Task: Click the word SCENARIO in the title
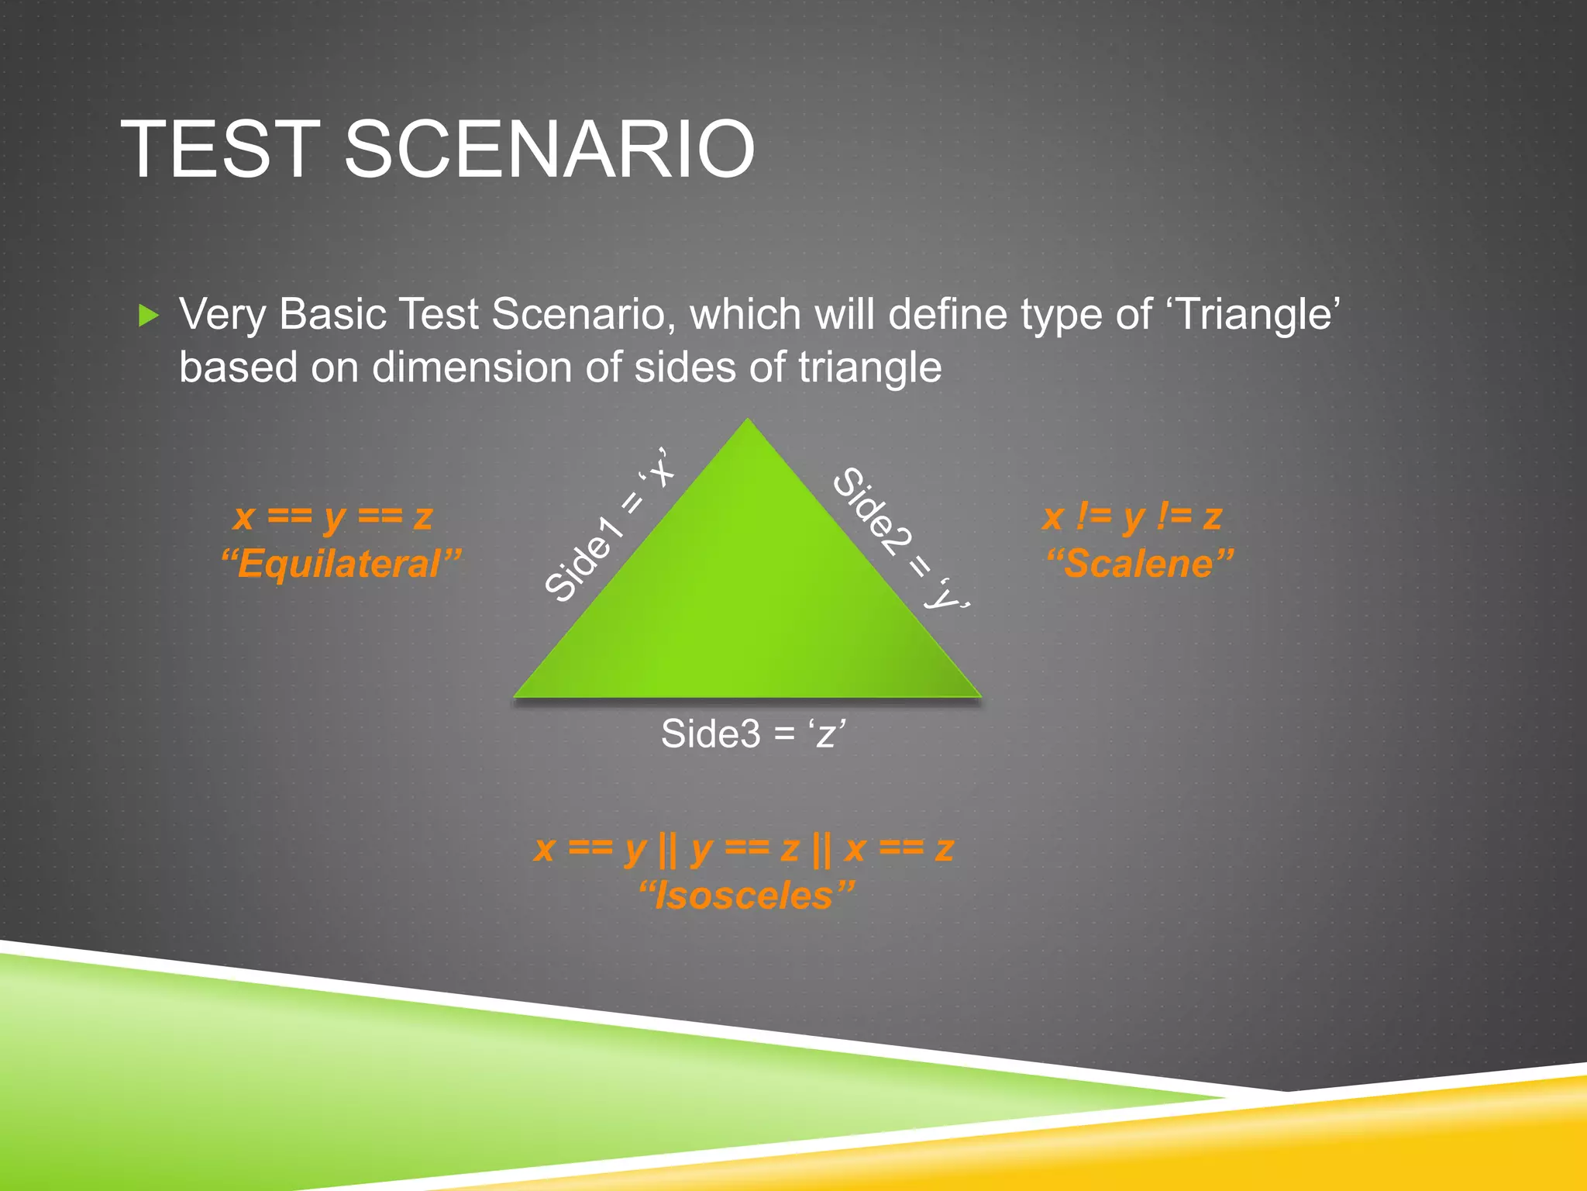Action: tap(549, 149)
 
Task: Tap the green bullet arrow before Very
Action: tap(148, 316)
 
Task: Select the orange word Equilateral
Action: tap(341, 564)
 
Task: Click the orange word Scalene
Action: tap(1139, 564)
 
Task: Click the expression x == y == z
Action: tap(333, 516)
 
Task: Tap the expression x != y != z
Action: tap(1132, 516)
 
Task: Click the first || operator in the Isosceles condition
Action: tap(667, 850)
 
